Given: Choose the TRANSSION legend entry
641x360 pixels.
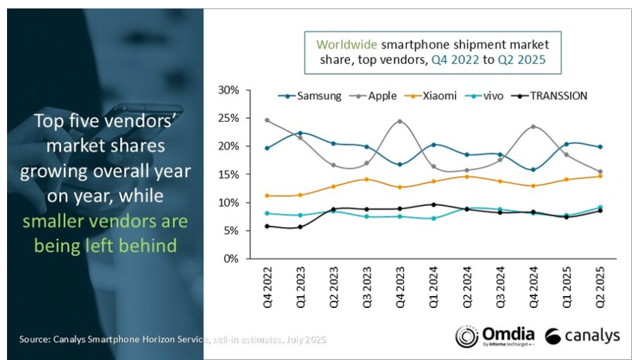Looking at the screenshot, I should tap(551, 96).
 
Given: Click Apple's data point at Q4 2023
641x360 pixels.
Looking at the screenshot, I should tap(400, 122).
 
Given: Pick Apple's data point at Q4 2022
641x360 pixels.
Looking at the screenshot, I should tap(267, 120).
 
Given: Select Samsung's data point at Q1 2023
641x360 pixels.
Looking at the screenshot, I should tap(300, 133).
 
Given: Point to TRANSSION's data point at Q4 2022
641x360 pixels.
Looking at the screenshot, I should tap(267, 226).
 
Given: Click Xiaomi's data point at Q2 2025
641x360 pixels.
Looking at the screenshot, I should tap(600, 176).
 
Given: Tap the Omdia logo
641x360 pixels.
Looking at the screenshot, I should tap(495, 335).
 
